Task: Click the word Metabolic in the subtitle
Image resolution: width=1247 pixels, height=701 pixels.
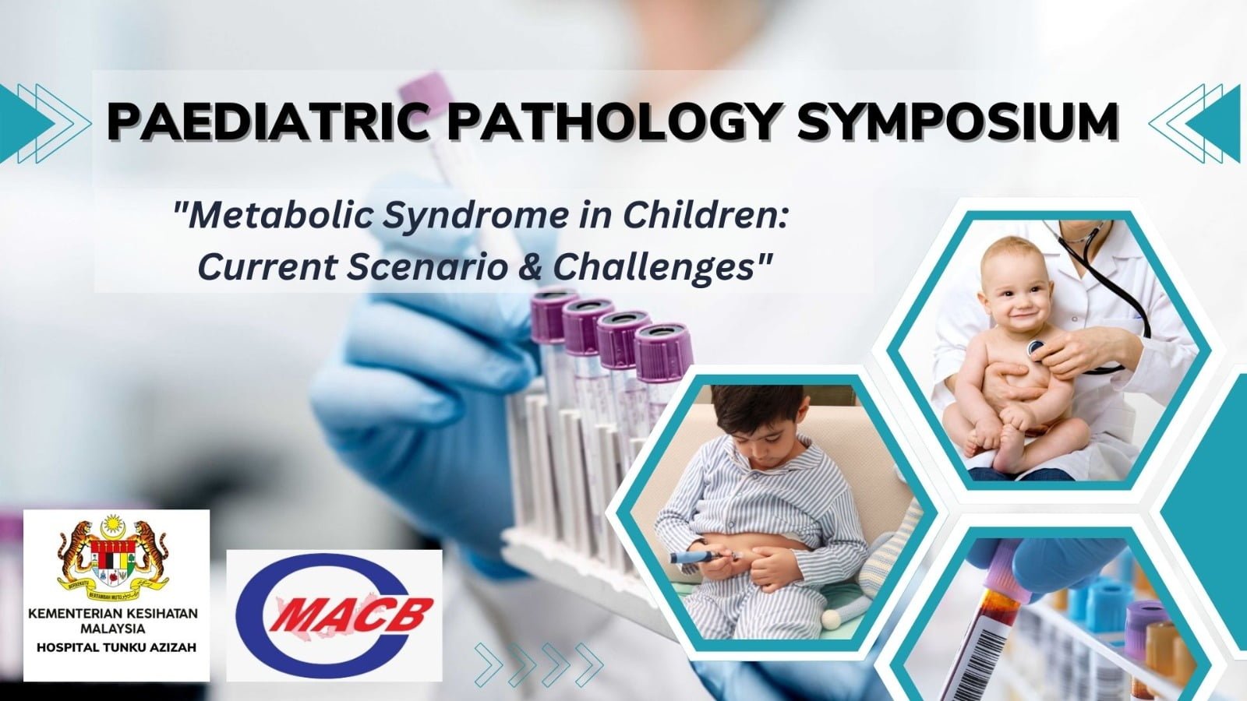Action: coord(273,217)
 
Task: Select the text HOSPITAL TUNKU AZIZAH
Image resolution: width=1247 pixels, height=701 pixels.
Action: coord(116,647)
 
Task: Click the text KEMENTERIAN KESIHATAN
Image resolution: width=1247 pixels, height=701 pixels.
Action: coord(114,614)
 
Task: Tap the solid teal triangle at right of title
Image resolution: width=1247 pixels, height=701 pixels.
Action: coord(1216,123)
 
